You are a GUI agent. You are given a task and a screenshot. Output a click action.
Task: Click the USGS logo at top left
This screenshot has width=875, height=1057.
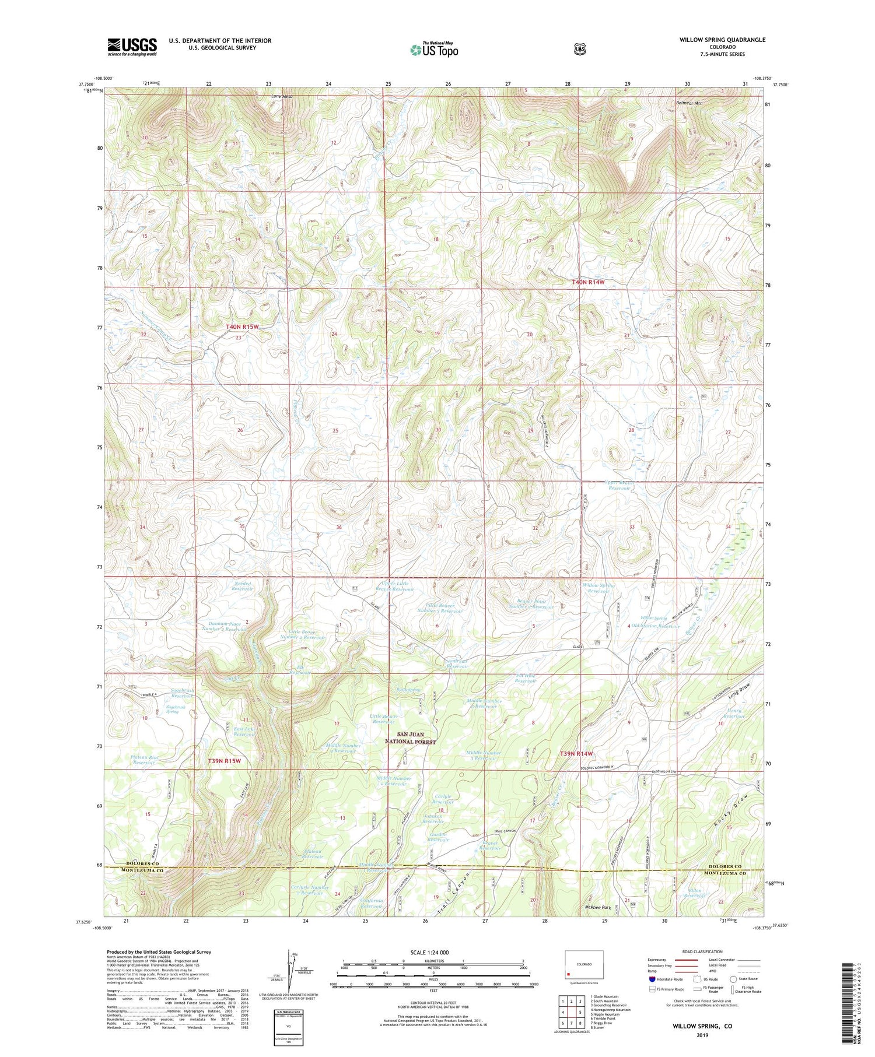pos(132,47)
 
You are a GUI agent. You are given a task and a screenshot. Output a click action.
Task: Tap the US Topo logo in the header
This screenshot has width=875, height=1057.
pos(434,50)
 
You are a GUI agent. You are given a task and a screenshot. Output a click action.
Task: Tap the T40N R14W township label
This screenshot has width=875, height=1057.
pos(588,282)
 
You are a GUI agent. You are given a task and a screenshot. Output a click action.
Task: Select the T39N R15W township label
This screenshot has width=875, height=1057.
pos(225,761)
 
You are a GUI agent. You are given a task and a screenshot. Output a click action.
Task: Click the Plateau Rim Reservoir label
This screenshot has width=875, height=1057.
pos(145,760)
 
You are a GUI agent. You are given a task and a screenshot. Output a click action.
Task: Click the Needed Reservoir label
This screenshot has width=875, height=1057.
pos(242,586)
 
